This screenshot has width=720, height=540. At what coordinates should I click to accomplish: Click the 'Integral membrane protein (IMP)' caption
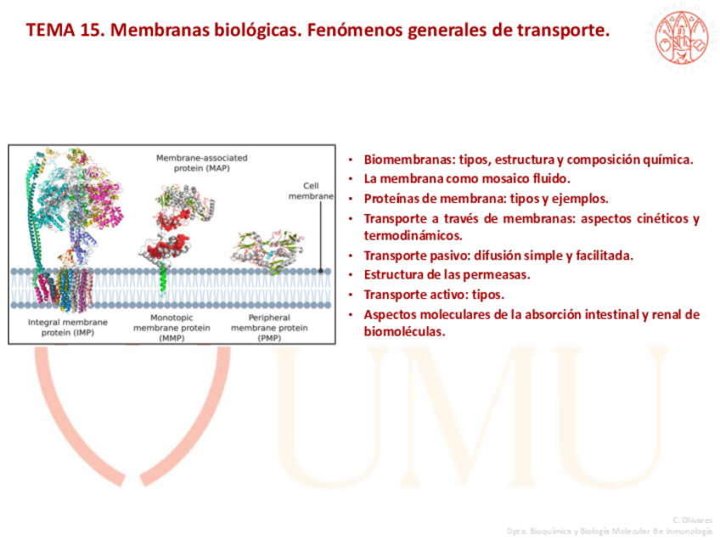(x=68, y=328)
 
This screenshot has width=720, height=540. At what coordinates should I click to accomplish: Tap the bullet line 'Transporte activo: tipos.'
(x=434, y=295)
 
